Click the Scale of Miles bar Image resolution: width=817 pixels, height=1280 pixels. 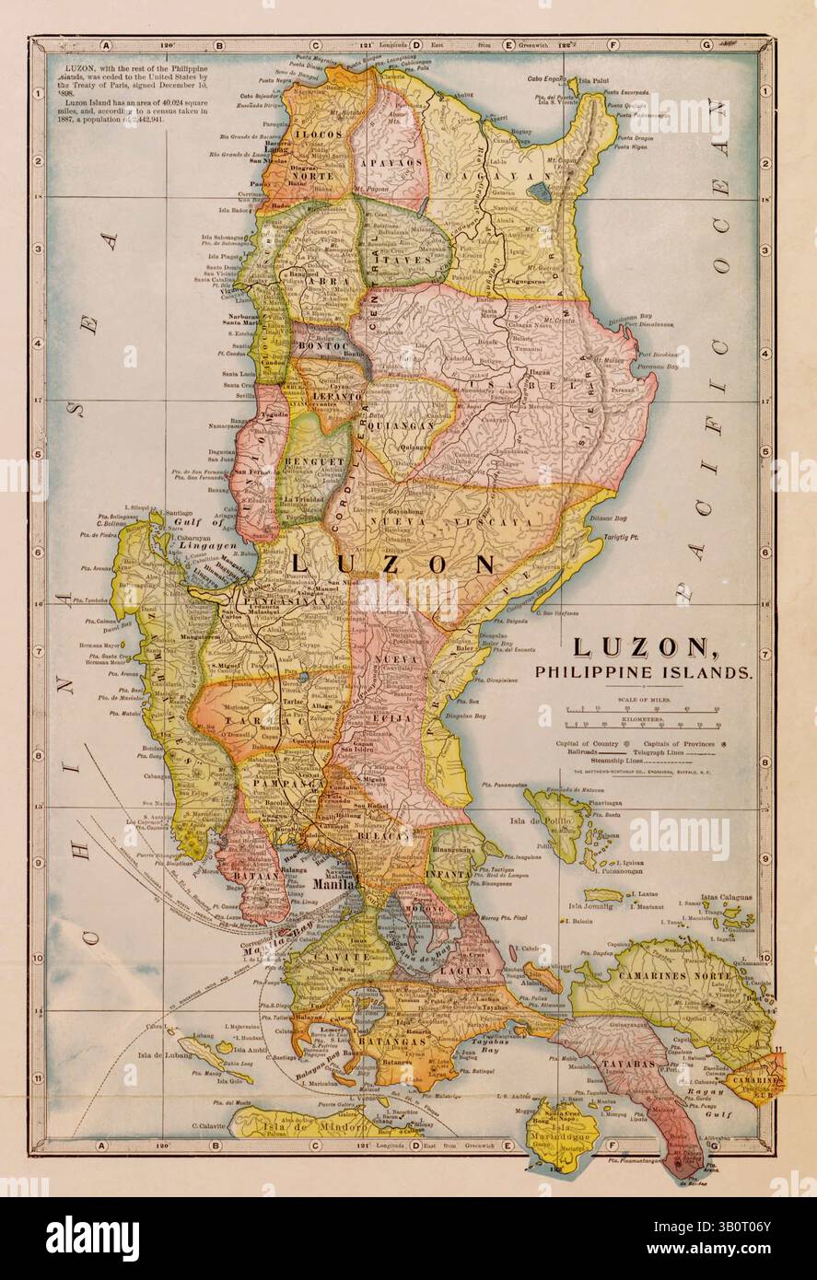point(643,709)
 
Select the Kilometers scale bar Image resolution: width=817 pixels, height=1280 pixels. point(643,727)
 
